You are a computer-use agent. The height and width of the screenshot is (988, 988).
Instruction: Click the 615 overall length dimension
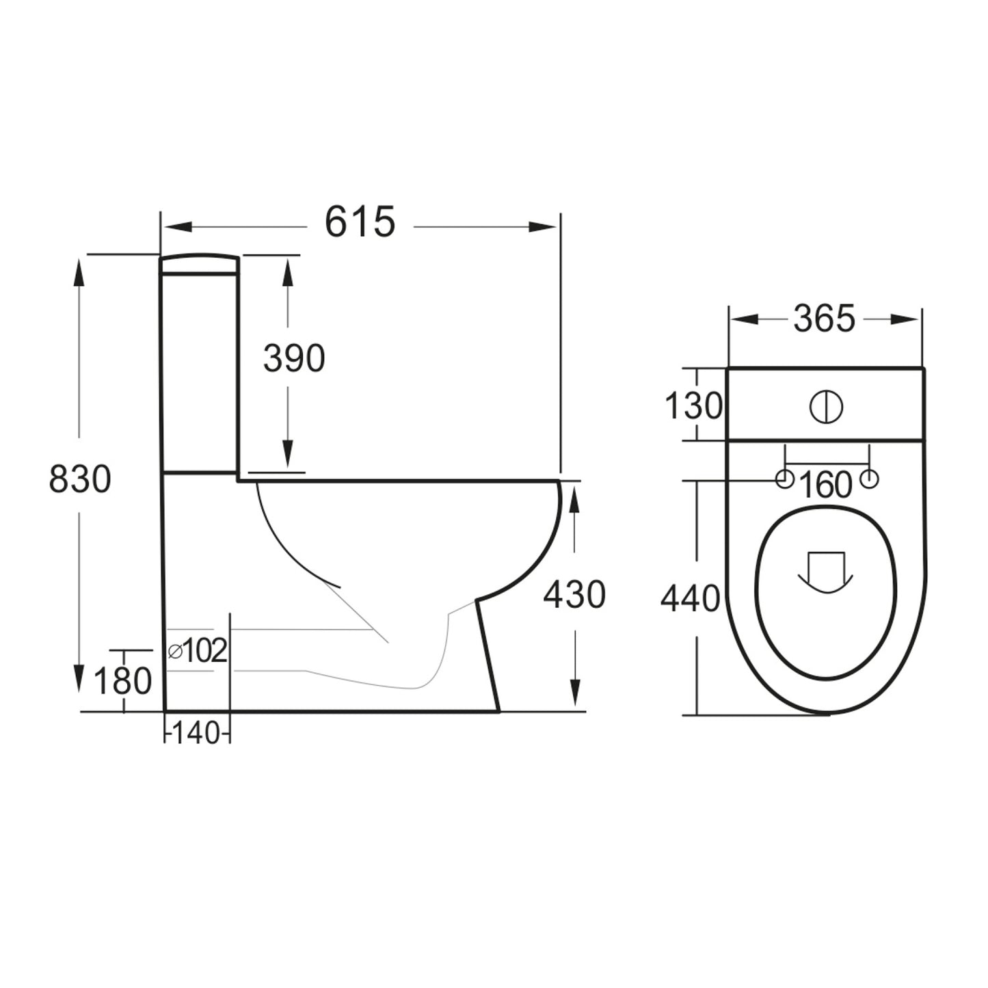(360, 222)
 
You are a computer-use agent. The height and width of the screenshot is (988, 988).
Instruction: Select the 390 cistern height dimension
(294, 359)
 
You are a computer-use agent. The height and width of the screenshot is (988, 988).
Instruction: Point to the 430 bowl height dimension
(574, 594)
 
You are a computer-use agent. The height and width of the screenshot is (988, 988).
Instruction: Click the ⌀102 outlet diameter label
(198, 651)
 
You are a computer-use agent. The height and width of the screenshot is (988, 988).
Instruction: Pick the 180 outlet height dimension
(122, 681)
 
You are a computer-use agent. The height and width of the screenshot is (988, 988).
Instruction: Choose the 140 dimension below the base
(196, 734)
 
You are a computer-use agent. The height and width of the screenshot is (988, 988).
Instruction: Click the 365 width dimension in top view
(824, 319)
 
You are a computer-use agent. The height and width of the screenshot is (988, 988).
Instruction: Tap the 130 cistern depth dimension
(693, 407)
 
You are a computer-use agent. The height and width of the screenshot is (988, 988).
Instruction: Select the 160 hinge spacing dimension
(825, 485)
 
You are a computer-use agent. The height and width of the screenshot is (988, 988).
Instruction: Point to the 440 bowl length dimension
(690, 599)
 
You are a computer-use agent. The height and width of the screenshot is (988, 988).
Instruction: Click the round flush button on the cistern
(826, 407)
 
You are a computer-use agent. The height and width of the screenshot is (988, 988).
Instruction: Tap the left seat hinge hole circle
(784, 479)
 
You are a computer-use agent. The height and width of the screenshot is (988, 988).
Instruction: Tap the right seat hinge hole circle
(868, 479)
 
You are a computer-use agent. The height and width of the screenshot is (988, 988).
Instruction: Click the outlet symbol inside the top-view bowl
(826, 572)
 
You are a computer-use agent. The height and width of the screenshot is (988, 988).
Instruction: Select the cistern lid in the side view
(200, 265)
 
